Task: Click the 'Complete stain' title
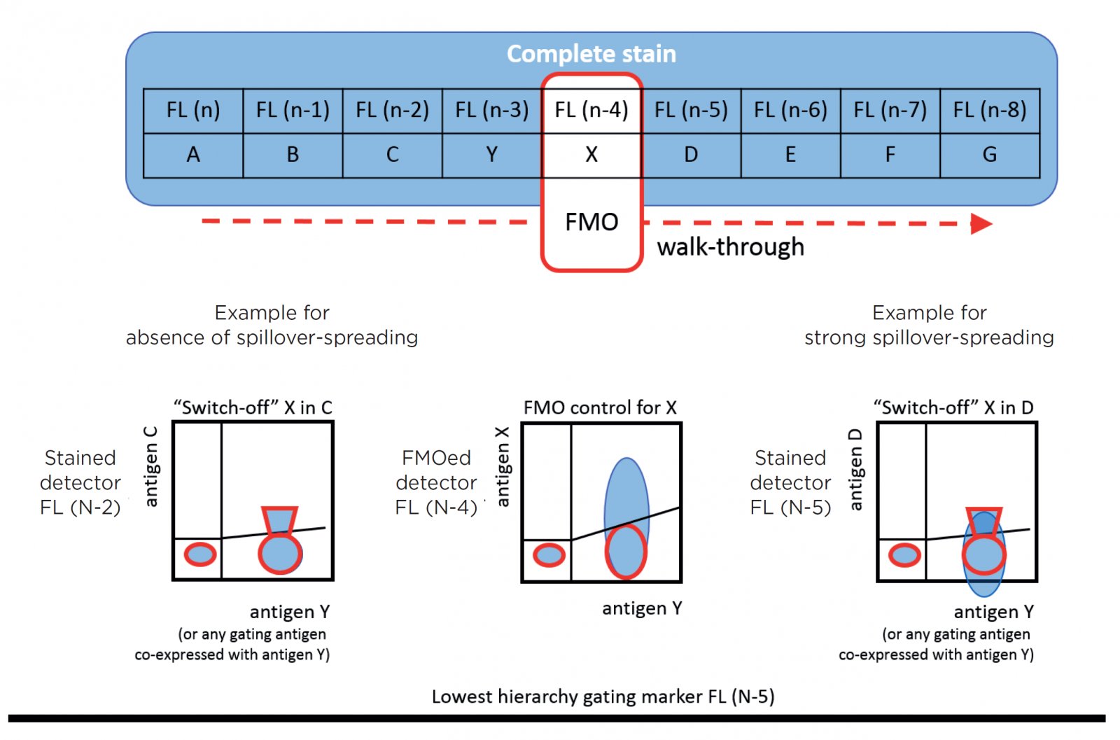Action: [x=591, y=54]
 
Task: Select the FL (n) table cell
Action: [x=193, y=110]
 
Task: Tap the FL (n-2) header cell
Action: [x=392, y=110]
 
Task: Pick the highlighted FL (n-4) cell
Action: [x=591, y=110]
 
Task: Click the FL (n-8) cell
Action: [x=990, y=110]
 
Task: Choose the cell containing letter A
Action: [x=193, y=155]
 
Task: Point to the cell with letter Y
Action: [x=492, y=155]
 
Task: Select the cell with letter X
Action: [x=591, y=155]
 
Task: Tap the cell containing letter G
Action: [x=990, y=155]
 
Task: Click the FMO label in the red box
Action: [x=591, y=223]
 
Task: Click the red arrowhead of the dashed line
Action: [x=981, y=224]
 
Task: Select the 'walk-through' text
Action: [x=730, y=247]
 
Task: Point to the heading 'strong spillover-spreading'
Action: [x=929, y=337]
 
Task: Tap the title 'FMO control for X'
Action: [x=600, y=407]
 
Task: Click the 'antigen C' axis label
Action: [x=150, y=466]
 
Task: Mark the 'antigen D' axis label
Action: [x=855, y=470]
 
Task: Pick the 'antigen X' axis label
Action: [x=502, y=467]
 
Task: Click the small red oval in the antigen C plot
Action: [x=200, y=554]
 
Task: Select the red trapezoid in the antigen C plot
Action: [x=279, y=520]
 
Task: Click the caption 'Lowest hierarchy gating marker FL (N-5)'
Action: [x=603, y=697]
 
